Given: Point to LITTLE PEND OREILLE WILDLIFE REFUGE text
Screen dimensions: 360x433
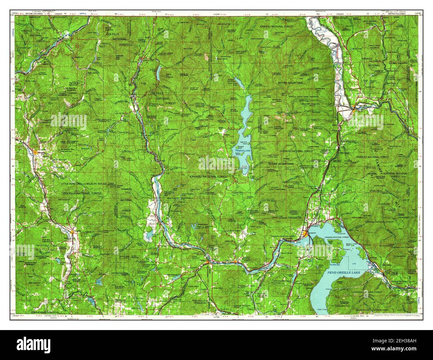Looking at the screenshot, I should [87, 184].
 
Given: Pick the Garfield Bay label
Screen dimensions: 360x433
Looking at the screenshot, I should [334, 265].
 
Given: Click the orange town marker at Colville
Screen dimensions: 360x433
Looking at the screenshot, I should [36, 152].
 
